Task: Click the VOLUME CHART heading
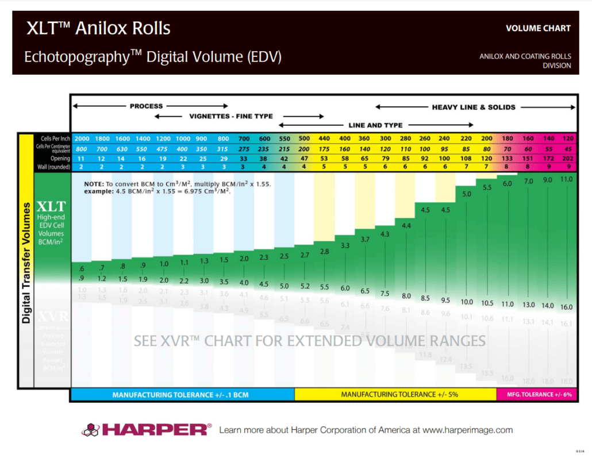[538, 28]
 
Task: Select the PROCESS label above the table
[146, 106]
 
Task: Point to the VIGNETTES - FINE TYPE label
[231, 116]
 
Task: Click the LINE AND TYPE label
[375, 125]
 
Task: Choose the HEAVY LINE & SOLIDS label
[474, 107]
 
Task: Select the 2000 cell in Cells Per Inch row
[82, 139]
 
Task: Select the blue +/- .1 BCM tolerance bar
[182, 395]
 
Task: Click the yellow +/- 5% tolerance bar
[395, 395]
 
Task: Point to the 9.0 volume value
[547, 180]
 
